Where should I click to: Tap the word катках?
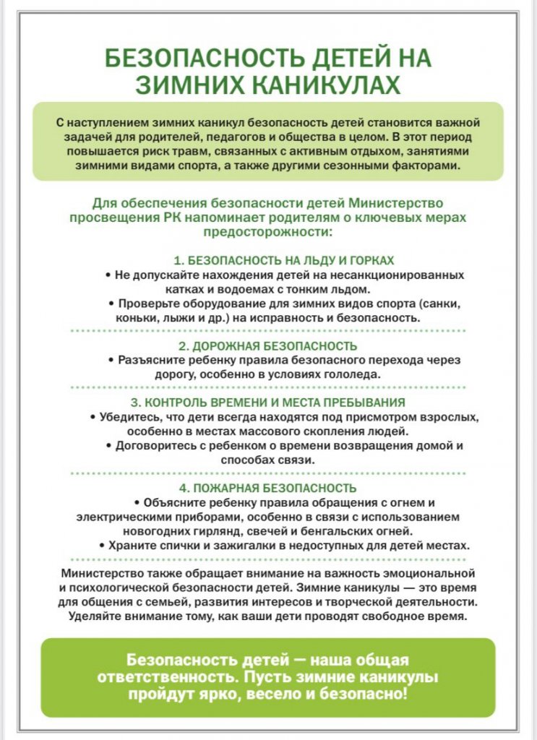click(x=133, y=289)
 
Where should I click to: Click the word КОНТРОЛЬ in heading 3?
click(x=177, y=402)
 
